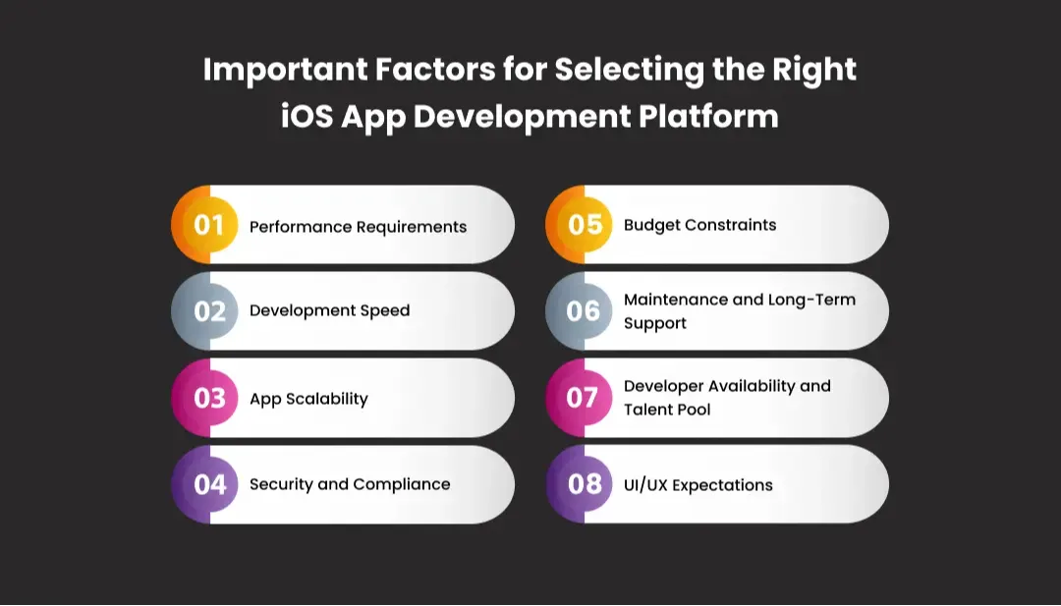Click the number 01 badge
pos(208,225)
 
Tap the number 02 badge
pos(209,311)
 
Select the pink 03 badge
pos(209,398)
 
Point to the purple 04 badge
pos(209,484)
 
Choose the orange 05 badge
pos(585,225)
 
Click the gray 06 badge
pos(584,311)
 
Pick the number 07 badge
pos(583,398)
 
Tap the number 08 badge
pos(585,484)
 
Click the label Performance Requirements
pos(358,227)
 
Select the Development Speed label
pos(329,310)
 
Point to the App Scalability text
pos(308,399)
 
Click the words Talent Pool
pos(667,410)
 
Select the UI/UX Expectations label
pos(698,485)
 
